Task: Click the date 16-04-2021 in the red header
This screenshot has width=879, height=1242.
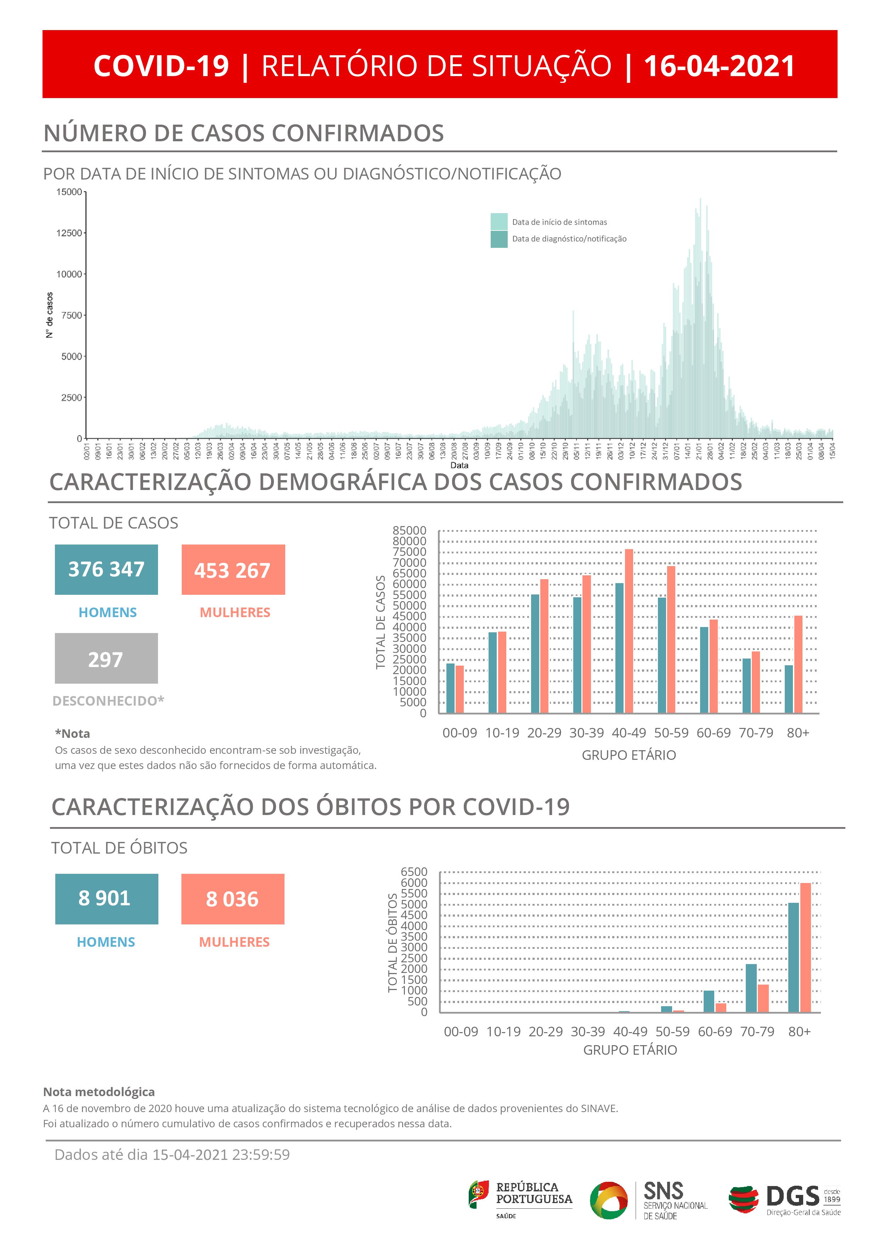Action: point(719,66)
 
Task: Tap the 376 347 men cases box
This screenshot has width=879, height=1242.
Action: point(106,570)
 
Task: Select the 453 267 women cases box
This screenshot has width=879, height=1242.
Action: point(233,570)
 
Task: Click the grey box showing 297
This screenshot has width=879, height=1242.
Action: point(106,658)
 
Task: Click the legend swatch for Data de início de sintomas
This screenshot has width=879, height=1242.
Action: point(498,222)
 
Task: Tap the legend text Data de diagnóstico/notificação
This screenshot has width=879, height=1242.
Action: point(569,239)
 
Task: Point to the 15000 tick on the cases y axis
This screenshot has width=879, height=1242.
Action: point(69,192)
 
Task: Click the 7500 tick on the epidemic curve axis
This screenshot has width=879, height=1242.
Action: point(71,315)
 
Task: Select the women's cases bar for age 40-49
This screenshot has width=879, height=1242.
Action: point(629,631)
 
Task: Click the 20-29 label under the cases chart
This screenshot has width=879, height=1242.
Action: point(544,733)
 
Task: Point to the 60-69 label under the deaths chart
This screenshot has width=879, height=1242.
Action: point(715,1032)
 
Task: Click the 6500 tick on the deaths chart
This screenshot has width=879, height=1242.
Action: point(414,872)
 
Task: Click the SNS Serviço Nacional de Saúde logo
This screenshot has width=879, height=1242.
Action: point(649,1200)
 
